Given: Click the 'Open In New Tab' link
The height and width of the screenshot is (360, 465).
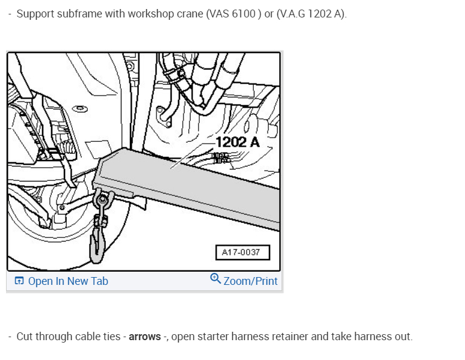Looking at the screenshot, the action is [x=68, y=281].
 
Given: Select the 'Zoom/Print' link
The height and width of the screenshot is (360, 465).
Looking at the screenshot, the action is [x=251, y=281].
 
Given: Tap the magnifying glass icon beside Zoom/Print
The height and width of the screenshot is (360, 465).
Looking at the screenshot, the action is [x=215, y=278].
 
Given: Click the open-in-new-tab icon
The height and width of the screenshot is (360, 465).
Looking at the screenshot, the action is [x=19, y=280].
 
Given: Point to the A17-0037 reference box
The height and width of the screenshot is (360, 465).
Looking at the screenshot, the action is [x=242, y=252].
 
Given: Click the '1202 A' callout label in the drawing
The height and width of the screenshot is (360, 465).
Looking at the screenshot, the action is [x=238, y=142].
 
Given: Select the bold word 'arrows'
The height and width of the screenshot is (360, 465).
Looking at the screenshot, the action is [x=145, y=337].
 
